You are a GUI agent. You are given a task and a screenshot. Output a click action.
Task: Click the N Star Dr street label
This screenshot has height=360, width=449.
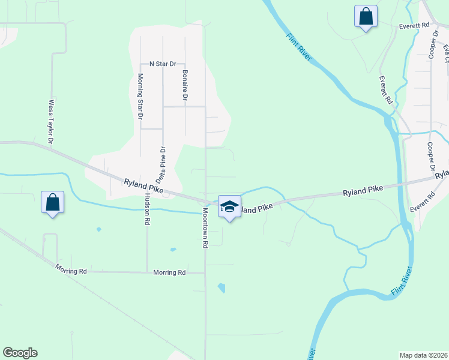coord(162,64)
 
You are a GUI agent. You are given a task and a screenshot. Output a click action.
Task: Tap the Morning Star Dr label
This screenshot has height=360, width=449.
coord(140,96)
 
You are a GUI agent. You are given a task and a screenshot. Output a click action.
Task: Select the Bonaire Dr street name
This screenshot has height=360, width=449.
coord(185,85)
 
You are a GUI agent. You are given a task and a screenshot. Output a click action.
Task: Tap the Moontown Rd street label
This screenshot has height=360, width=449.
coord(205,229)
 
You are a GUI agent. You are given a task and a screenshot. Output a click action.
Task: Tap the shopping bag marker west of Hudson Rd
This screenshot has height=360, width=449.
coord(52,202)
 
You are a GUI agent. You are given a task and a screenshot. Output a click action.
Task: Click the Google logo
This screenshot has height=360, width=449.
coord(20,353)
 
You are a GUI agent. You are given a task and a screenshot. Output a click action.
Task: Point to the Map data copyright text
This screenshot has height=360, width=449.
coord(423,355)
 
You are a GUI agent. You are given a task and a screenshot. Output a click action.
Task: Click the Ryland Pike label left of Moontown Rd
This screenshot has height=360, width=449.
coord(143,185)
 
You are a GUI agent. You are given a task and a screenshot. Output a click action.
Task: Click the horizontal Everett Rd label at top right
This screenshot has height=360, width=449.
coord(414,26)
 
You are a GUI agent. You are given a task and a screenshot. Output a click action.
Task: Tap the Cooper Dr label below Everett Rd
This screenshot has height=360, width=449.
coord(430,157)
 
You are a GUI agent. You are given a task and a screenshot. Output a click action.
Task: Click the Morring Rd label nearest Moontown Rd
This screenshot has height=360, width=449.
coord(169,272)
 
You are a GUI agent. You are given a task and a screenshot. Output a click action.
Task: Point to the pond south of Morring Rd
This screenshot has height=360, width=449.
coord(221,288)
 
